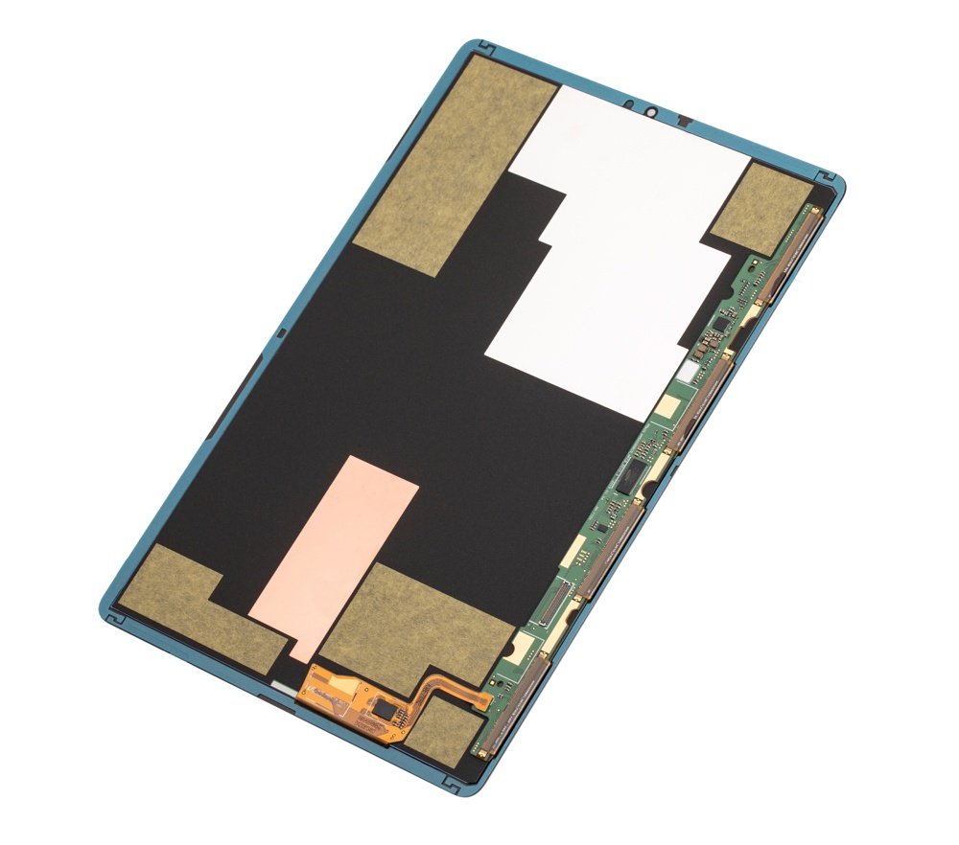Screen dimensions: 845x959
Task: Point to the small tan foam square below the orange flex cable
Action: [443, 728]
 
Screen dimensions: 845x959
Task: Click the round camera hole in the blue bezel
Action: [649, 112]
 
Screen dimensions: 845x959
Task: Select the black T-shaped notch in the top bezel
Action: [686, 121]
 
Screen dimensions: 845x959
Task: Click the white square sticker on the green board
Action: [688, 369]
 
